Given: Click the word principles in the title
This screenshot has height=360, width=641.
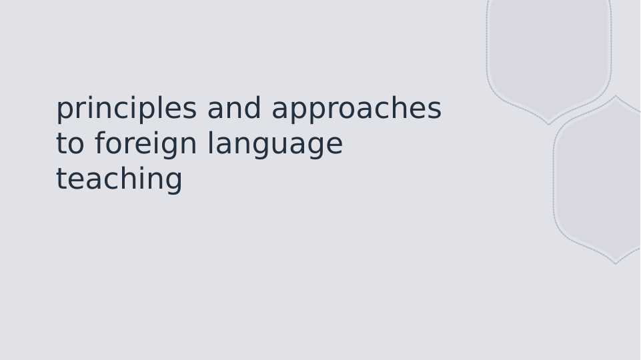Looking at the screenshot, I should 126,109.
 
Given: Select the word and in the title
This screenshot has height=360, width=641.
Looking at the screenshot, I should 234,109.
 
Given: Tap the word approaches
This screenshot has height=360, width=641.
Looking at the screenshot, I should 356,109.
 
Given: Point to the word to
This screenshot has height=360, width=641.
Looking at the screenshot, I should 70,145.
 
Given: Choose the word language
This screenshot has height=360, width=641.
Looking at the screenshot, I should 275,145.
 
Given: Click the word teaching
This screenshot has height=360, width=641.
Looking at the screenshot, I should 119,180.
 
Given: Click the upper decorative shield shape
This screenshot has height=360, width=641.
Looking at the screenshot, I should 548,53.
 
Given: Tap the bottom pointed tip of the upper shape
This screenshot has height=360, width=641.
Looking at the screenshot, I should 549,123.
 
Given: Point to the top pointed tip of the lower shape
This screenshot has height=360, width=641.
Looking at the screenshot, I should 616,97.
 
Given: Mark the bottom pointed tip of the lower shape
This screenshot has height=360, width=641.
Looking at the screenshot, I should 616,263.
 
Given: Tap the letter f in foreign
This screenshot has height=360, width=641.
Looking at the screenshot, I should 99,144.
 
